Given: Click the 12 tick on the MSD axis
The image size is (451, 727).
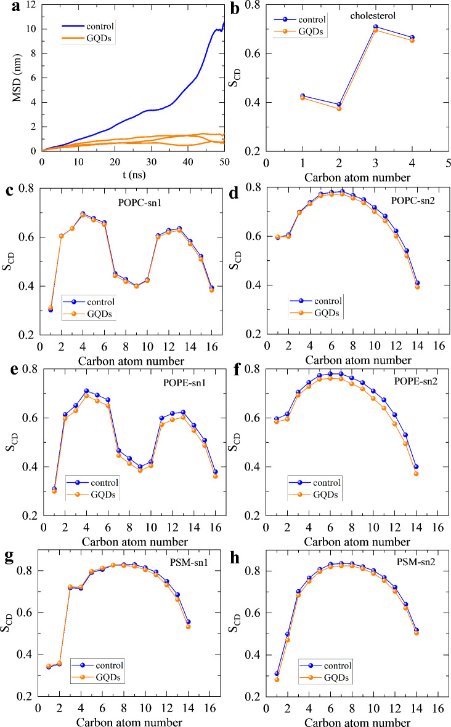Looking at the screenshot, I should pos(29,5).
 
